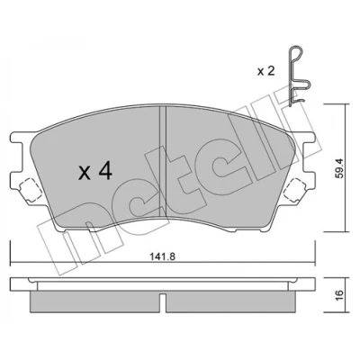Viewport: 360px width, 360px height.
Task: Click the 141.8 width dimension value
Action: click(x=162, y=256)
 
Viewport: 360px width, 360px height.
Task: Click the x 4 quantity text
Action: click(x=95, y=172)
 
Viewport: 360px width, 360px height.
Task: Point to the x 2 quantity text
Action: click(x=266, y=71)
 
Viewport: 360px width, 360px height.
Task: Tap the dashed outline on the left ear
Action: click(x=30, y=190)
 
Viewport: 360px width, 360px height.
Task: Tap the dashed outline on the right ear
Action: click(x=296, y=190)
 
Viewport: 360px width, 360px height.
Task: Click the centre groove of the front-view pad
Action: click(x=162, y=162)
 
